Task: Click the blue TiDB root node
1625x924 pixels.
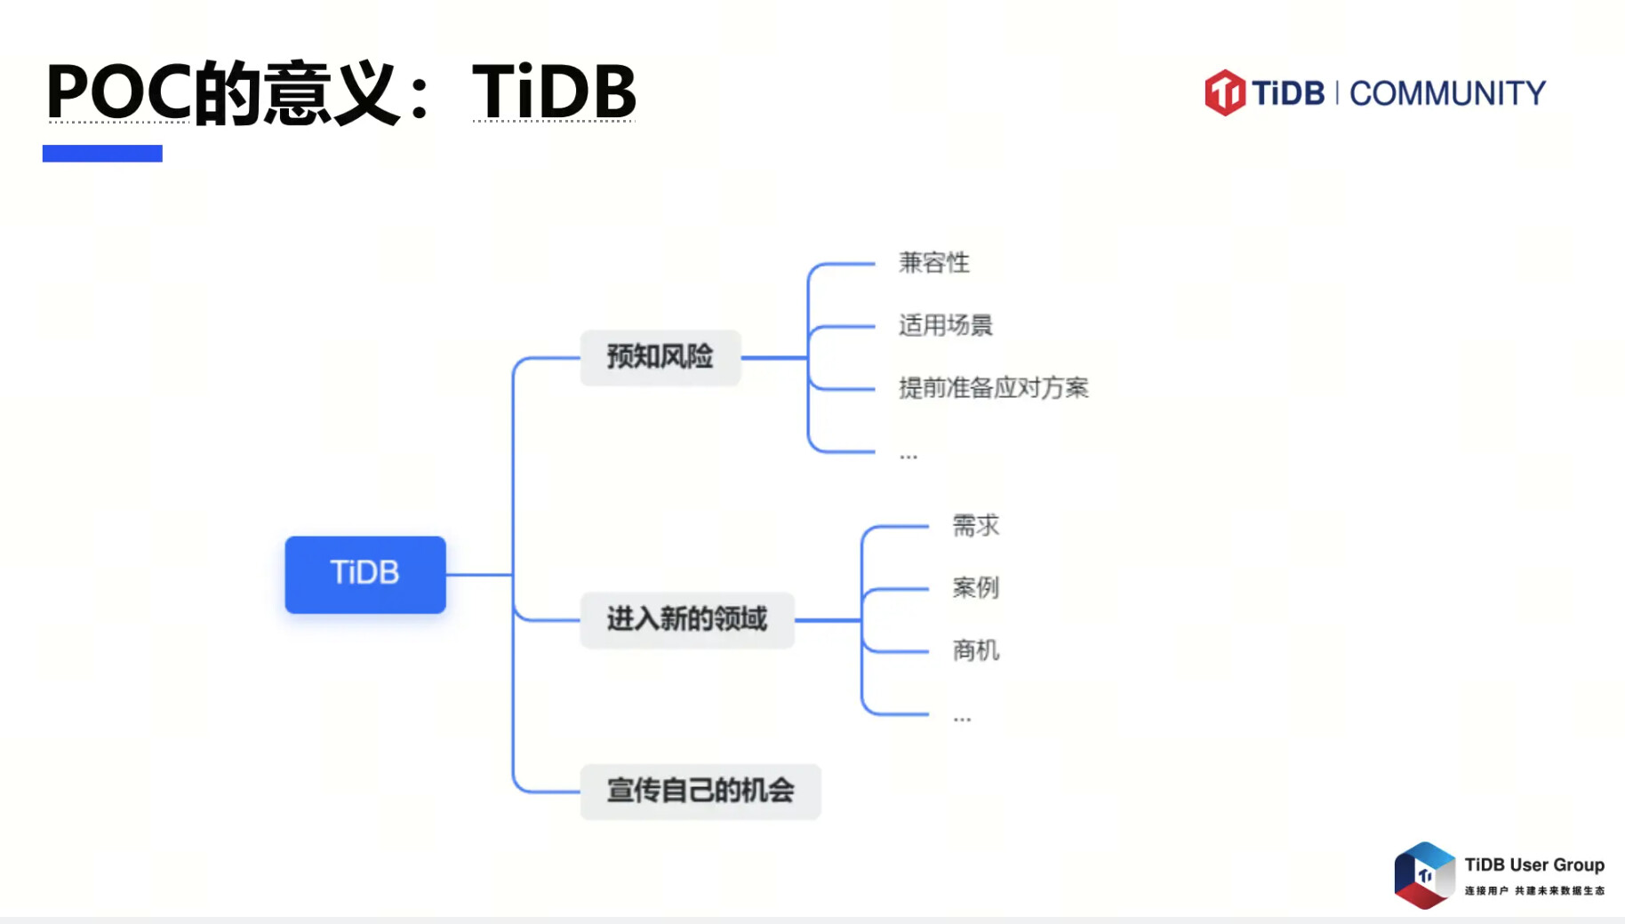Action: click(x=365, y=574)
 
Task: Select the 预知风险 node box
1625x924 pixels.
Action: click(x=660, y=357)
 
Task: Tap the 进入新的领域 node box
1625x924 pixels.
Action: click(x=687, y=619)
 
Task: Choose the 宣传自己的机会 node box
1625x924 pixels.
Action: click(x=700, y=791)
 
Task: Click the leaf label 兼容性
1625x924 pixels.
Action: click(x=934, y=263)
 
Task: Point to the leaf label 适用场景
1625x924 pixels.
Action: click(x=946, y=325)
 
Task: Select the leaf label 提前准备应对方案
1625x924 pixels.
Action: click(x=994, y=387)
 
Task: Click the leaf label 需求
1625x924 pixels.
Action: click(x=976, y=525)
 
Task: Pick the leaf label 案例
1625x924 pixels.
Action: click(x=976, y=587)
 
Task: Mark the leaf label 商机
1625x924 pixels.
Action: click(x=976, y=650)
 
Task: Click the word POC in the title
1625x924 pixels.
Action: click(x=118, y=91)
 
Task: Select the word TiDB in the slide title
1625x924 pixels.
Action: click(x=554, y=91)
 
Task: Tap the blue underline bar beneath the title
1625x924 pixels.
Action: click(x=102, y=153)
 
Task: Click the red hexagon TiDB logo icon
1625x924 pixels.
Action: click(x=1225, y=92)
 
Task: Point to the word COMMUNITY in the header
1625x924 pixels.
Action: click(x=1448, y=93)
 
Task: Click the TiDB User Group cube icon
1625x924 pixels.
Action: click(x=1424, y=875)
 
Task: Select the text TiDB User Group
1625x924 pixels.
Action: click(x=1534, y=864)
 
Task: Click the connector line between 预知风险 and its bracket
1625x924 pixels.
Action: click(x=774, y=357)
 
